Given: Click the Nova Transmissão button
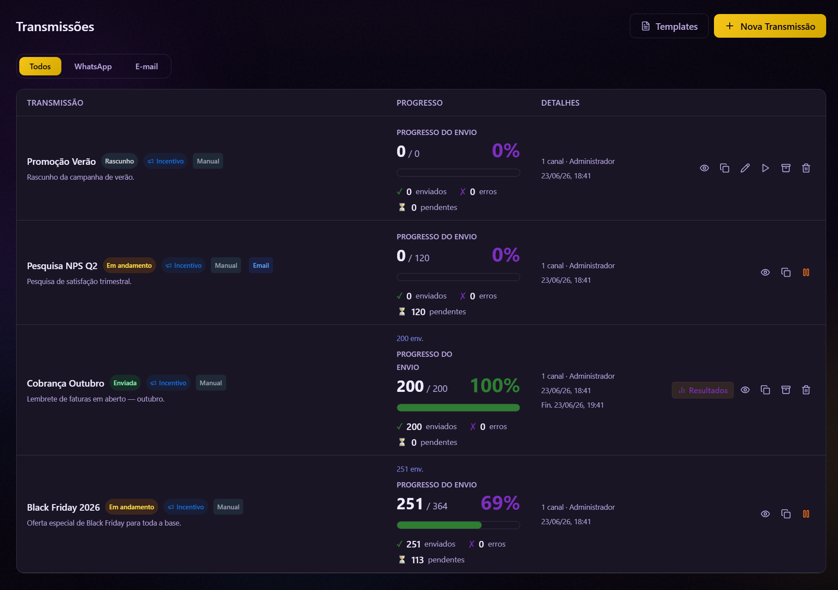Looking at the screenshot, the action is click(x=770, y=26).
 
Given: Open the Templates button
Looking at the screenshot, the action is click(x=669, y=26).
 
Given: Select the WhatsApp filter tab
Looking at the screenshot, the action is click(x=93, y=67).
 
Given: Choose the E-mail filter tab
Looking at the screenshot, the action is click(x=146, y=67).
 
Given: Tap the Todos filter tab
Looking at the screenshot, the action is click(x=40, y=67).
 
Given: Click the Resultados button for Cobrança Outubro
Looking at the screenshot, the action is click(x=703, y=390).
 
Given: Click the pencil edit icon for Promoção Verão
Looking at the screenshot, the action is click(x=745, y=168).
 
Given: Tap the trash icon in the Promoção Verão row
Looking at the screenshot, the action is click(x=806, y=168).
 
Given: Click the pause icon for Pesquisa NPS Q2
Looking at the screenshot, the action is click(x=806, y=273).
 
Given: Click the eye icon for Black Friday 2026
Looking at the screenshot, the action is click(x=765, y=514).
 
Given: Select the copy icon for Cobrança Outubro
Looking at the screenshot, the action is click(x=765, y=390).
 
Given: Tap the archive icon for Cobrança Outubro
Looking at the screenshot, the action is click(x=786, y=390).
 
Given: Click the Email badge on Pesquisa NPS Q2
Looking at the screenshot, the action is click(x=261, y=266).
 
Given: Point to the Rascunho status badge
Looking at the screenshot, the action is click(x=119, y=161).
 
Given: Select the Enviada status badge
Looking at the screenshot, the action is click(x=125, y=383).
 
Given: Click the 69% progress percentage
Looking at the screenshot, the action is click(x=500, y=503).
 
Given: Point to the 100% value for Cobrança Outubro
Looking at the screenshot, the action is click(x=495, y=386).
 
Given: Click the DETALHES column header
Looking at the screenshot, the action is click(x=560, y=103).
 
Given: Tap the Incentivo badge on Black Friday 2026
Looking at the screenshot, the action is click(x=186, y=507).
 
